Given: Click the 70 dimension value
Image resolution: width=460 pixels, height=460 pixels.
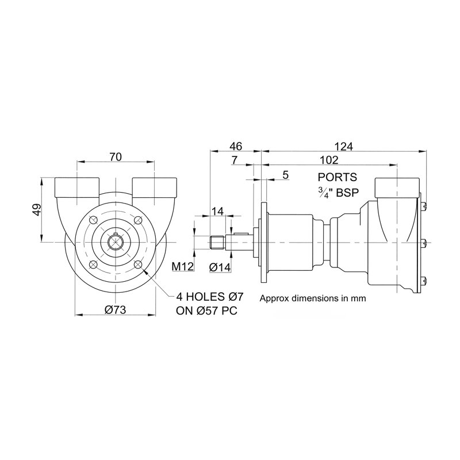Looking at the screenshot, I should pos(116,156).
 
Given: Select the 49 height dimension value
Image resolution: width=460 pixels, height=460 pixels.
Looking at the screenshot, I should pos(36,210).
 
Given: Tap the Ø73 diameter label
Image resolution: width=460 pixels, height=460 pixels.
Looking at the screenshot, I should pos(116,309).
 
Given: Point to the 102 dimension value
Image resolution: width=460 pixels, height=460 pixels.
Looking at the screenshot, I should pos(329,160).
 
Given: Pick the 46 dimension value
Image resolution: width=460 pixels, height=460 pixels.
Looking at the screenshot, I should pos(236,145).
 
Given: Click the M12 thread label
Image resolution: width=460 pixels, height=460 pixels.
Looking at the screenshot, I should pos(182,266).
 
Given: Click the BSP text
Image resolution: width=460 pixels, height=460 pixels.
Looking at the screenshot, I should pos(347,193).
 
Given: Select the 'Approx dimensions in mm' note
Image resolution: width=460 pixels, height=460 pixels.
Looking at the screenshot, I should pos(313,298).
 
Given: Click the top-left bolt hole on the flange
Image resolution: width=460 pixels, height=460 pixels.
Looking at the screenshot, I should pos(93,221).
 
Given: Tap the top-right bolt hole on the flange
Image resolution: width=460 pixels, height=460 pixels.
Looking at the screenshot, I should pos(137,221).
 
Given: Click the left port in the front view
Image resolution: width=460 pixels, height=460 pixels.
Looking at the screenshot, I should pos(76,187).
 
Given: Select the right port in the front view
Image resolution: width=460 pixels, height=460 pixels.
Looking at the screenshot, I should pos(154,187).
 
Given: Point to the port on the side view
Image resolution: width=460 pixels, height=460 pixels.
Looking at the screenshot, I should pos(397,187).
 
